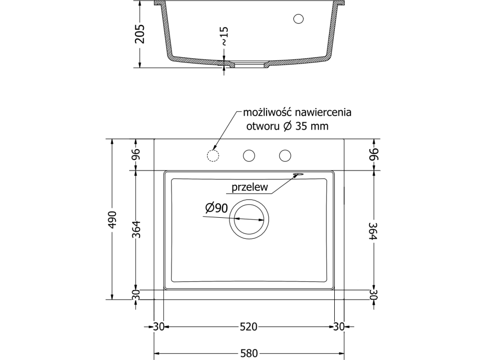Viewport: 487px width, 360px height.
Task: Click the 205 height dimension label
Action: tap(141, 34)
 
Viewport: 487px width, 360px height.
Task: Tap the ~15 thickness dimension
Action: tap(224, 36)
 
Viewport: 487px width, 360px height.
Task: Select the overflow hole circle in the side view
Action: tap(299, 19)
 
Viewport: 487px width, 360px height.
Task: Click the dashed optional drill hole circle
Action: tap(213, 155)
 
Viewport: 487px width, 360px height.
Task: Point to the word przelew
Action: tap(250, 187)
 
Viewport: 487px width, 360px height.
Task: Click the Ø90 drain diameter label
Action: tap(217, 208)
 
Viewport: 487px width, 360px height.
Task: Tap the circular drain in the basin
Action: tap(249, 219)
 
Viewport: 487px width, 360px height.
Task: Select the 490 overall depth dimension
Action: tap(112, 219)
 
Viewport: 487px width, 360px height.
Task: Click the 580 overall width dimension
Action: tap(249, 353)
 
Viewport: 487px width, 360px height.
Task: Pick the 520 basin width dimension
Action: tap(249, 327)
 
